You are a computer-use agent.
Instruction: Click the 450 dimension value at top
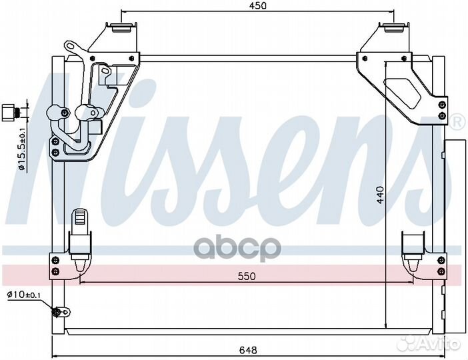pyautogui.click(x=257, y=6)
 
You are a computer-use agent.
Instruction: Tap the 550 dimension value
pyautogui.click(x=246, y=275)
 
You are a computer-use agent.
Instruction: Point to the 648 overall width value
pyautogui.click(x=247, y=348)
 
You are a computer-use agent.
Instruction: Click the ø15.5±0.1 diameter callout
pyautogui.click(x=22, y=153)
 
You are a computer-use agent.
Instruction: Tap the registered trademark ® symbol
pyautogui.click(x=457, y=122)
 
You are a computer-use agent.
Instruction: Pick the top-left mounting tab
pyautogui.click(x=121, y=28)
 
